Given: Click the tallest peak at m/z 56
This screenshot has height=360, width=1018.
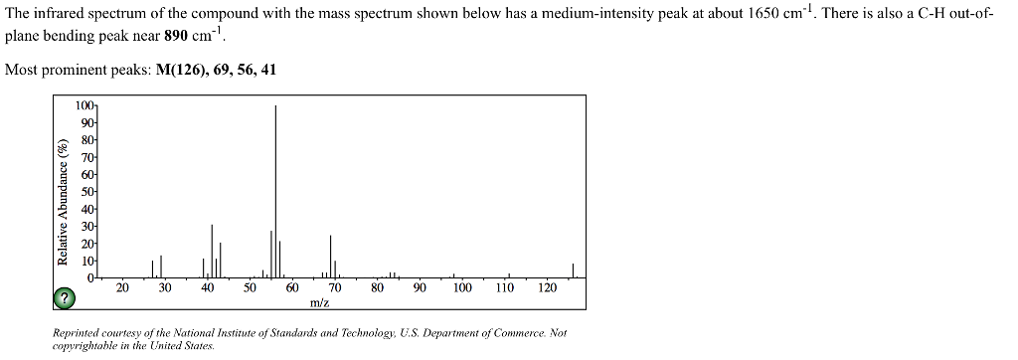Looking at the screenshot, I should (x=275, y=189).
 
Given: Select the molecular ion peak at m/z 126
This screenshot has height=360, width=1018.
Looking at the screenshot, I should (x=573, y=270).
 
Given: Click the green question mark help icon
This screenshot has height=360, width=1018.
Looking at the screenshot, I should (x=65, y=297).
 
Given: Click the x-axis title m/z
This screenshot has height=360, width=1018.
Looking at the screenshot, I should (x=320, y=302).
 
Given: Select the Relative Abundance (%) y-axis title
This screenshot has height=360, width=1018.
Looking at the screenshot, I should (x=63, y=203).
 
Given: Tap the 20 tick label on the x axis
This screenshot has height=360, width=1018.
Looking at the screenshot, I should (x=122, y=288).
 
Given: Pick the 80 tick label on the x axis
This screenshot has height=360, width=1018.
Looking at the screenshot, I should (x=377, y=288).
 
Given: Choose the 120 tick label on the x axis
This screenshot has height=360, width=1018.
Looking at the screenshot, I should (x=547, y=288).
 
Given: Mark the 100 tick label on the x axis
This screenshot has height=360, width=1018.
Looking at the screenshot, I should (x=462, y=288).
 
